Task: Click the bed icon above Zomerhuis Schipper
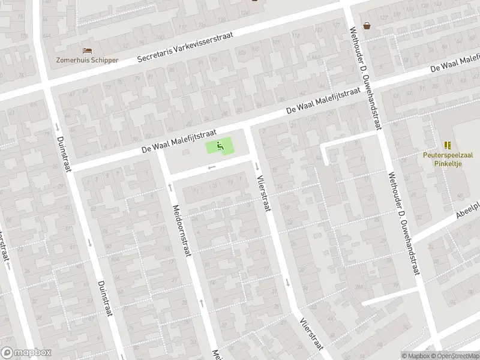click(87, 50)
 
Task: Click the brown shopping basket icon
click(367, 25)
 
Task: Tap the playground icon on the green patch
click(220, 145)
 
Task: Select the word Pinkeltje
click(448, 162)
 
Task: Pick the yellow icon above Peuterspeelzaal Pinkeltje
click(448, 145)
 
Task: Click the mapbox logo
click(26, 353)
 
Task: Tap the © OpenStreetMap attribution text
click(454, 355)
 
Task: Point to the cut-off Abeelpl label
click(467, 209)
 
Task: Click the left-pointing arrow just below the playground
click(210, 167)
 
